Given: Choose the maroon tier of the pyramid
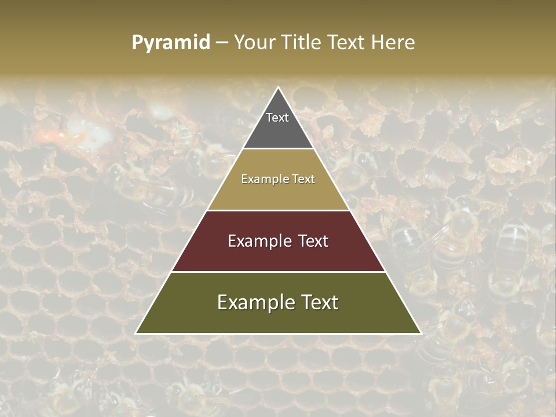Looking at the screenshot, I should click(278, 255).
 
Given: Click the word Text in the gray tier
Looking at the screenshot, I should click(277, 118).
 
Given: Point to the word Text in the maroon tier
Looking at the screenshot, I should click(310, 241).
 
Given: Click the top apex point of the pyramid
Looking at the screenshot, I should click(279, 88).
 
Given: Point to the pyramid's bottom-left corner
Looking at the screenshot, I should click(137, 333).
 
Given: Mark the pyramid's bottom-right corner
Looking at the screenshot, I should click(420, 333).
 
